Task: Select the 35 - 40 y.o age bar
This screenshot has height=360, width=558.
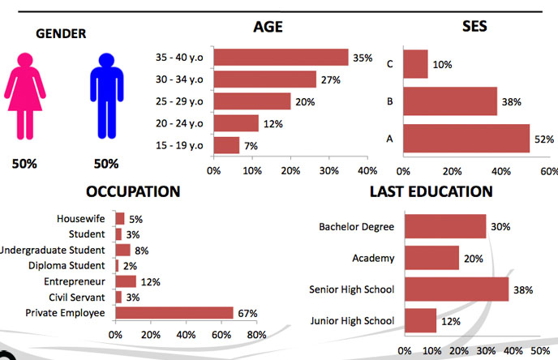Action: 281,58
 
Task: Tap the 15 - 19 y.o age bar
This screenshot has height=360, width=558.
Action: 226,145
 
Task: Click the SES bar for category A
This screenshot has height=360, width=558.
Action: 466,139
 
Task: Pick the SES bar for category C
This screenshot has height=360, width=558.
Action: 415,64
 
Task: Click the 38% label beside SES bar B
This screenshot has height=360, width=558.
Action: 511,102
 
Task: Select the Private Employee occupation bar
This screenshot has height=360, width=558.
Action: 174,312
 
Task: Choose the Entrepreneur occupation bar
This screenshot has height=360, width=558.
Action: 126,281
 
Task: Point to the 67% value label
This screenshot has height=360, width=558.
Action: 247,313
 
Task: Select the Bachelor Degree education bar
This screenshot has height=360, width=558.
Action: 445,227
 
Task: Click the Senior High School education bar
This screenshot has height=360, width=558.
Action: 457,289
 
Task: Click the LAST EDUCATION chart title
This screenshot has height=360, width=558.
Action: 431,192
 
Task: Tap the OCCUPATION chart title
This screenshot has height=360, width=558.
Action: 133,192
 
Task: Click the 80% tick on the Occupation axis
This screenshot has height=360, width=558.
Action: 256,334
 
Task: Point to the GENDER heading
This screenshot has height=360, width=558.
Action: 62,33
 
